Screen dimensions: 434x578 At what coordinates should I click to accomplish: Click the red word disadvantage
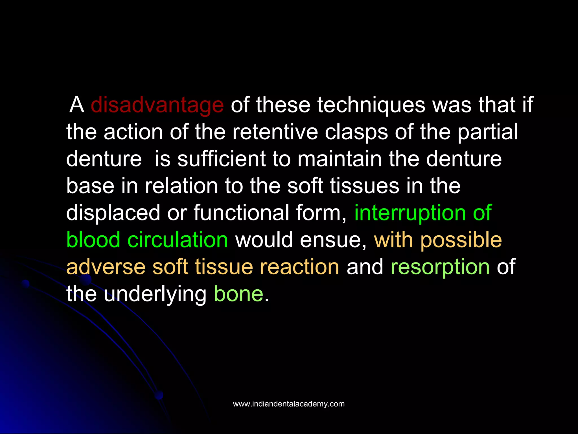(157, 105)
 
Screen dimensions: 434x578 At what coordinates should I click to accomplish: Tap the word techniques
(371, 105)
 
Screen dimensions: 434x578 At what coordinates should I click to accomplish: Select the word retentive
(275, 132)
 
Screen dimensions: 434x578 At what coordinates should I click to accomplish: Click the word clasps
(356, 132)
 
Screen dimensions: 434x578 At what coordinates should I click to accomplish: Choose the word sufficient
(221, 159)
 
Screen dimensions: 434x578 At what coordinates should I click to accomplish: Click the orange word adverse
(106, 267)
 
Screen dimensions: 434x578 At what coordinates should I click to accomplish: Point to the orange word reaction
(299, 267)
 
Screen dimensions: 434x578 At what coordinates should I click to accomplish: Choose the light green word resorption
(440, 267)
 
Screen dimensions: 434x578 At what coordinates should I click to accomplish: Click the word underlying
(155, 294)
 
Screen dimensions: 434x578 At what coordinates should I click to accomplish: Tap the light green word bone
(238, 294)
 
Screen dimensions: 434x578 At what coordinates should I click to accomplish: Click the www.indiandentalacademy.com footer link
(289, 404)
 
